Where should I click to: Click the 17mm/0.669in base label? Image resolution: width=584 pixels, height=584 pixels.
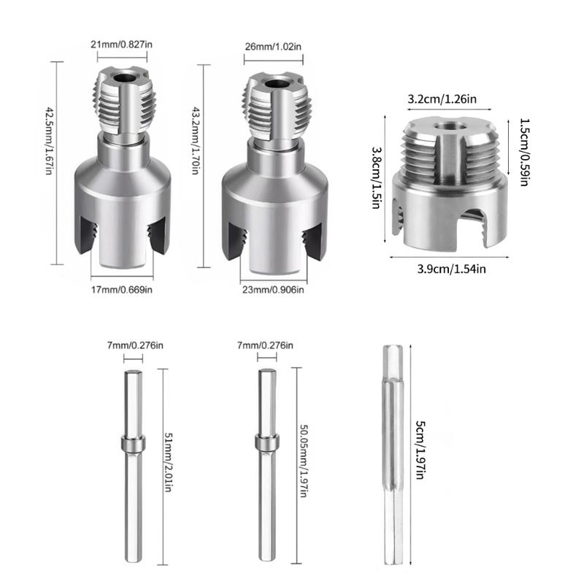point(122,290)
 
